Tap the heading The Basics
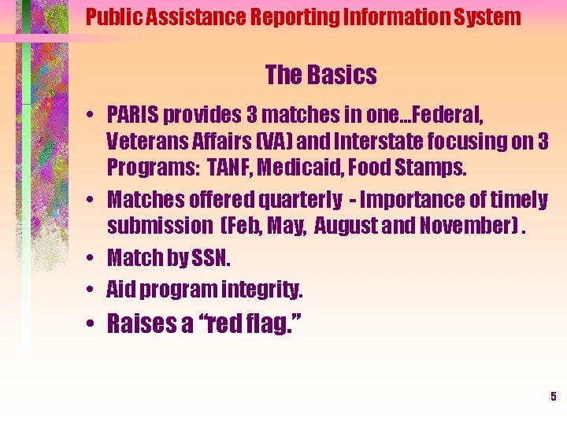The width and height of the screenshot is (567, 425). click(x=321, y=76)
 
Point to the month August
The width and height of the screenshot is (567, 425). click(x=352, y=226)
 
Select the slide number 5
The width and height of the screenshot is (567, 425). click(x=553, y=397)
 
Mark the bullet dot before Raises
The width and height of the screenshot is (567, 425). click(x=91, y=324)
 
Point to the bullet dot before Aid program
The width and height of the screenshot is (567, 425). click(x=91, y=290)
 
